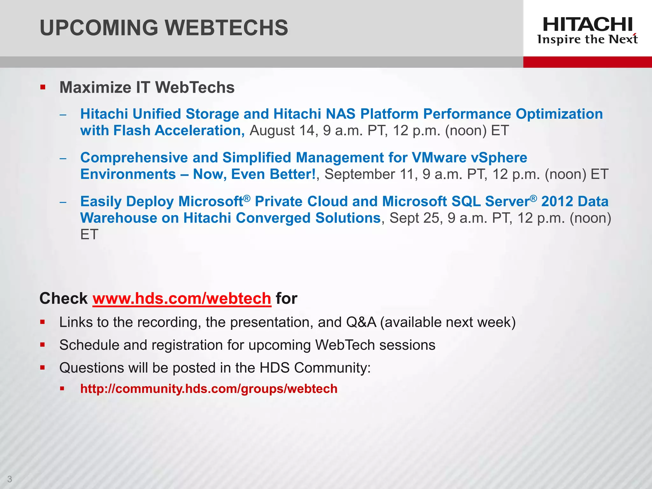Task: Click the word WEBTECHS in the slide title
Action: point(227,28)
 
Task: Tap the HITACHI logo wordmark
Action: point(587,25)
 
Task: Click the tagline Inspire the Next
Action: point(587,39)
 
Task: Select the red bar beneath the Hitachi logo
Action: point(587,62)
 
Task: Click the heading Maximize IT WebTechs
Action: point(147,88)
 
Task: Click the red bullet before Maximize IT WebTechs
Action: point(43,87)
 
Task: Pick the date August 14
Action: point(282,131)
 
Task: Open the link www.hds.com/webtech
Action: point(182,299)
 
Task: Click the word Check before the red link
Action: point(63,299)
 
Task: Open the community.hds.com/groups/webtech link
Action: point(209,389)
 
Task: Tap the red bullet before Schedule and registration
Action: point(43,344)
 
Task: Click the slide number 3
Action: point(10,479)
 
